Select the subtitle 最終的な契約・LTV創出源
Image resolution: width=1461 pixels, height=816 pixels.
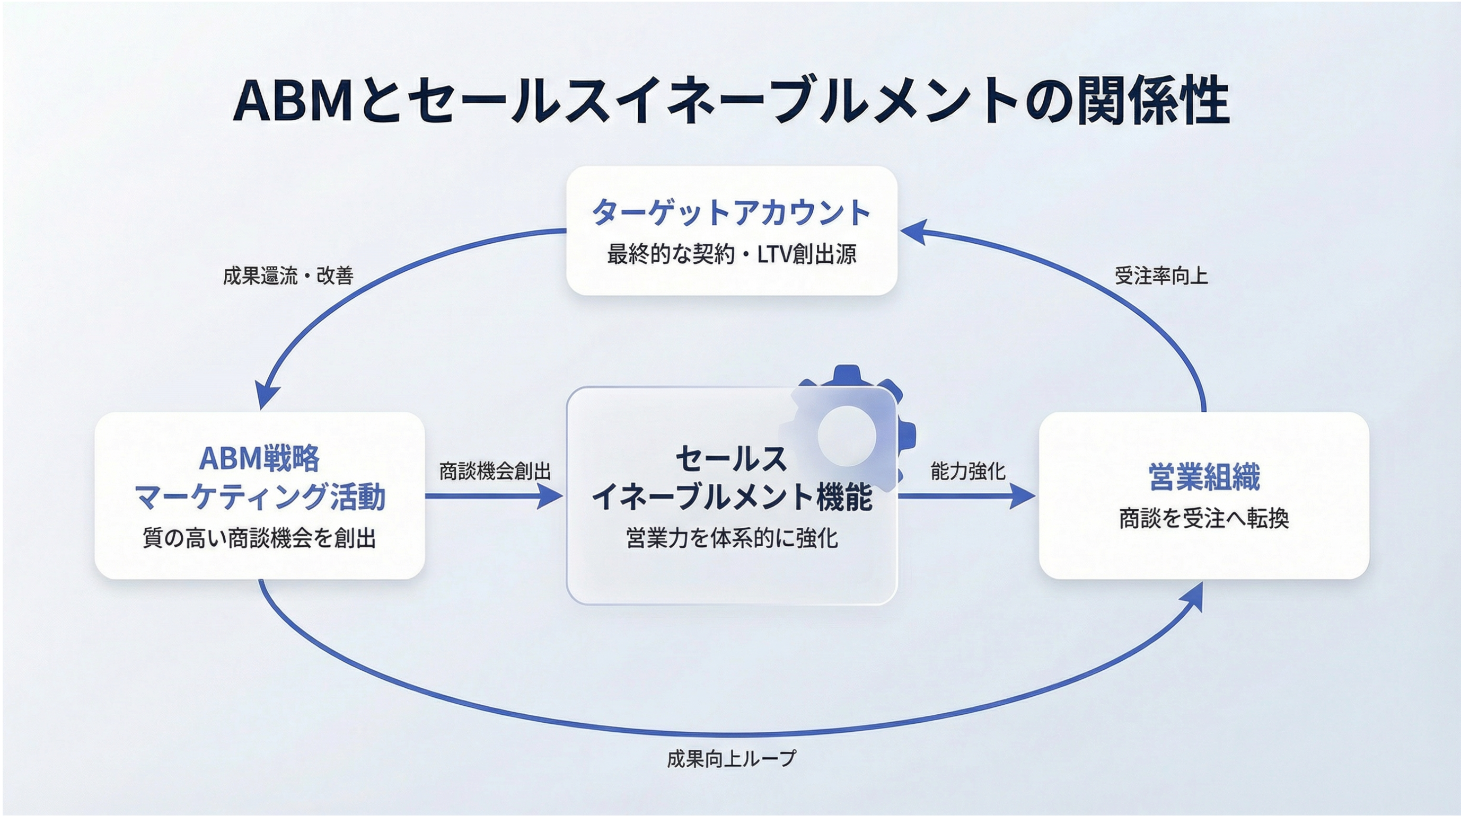[x=732, y=254]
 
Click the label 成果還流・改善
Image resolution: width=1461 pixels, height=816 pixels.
[x=288, y=276]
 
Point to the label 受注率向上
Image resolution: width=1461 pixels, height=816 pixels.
[x=1161, y=276]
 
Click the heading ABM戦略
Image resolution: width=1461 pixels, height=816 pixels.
[x=260, y=458]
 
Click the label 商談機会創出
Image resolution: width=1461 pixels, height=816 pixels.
[x=495, y=471]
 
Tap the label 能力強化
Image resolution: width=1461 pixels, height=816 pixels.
[x=967, y=471]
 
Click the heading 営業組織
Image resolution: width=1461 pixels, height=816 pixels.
[x=1204, y=477]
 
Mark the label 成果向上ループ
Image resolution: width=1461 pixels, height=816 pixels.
[x=731, y=758]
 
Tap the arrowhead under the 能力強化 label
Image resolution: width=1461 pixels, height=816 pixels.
[x=1022, y=496]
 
